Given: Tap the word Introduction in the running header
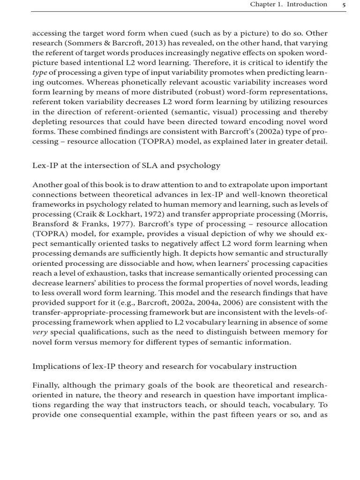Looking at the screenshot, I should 307,5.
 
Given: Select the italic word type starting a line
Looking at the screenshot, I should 39,73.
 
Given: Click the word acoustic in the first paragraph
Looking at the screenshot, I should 215,82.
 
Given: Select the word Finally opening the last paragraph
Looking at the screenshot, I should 47,385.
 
